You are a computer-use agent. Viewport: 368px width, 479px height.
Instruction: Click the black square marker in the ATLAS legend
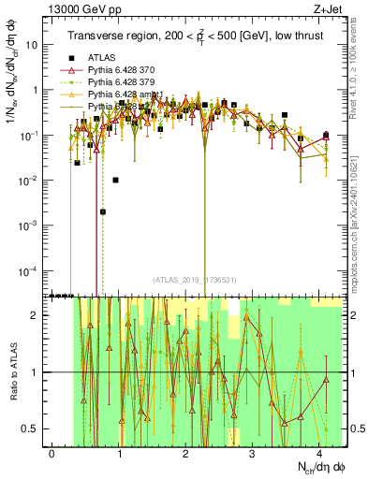[x=71, y=70]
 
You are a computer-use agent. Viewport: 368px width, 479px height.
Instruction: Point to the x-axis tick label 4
[x=318, y=454]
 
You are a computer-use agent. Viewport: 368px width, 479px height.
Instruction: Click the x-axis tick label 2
[x=185, y=454]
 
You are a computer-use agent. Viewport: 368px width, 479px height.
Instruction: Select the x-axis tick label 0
[x=52, y=454]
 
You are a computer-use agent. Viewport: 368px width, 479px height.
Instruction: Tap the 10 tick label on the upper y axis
[x=33, y=45]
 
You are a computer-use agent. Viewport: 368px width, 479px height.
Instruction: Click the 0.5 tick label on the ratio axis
[x=29, y=428]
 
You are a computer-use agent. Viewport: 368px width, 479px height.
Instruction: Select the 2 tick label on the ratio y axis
[x=35, y=315]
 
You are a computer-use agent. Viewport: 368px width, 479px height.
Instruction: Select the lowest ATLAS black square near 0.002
[x=103, y=212]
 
